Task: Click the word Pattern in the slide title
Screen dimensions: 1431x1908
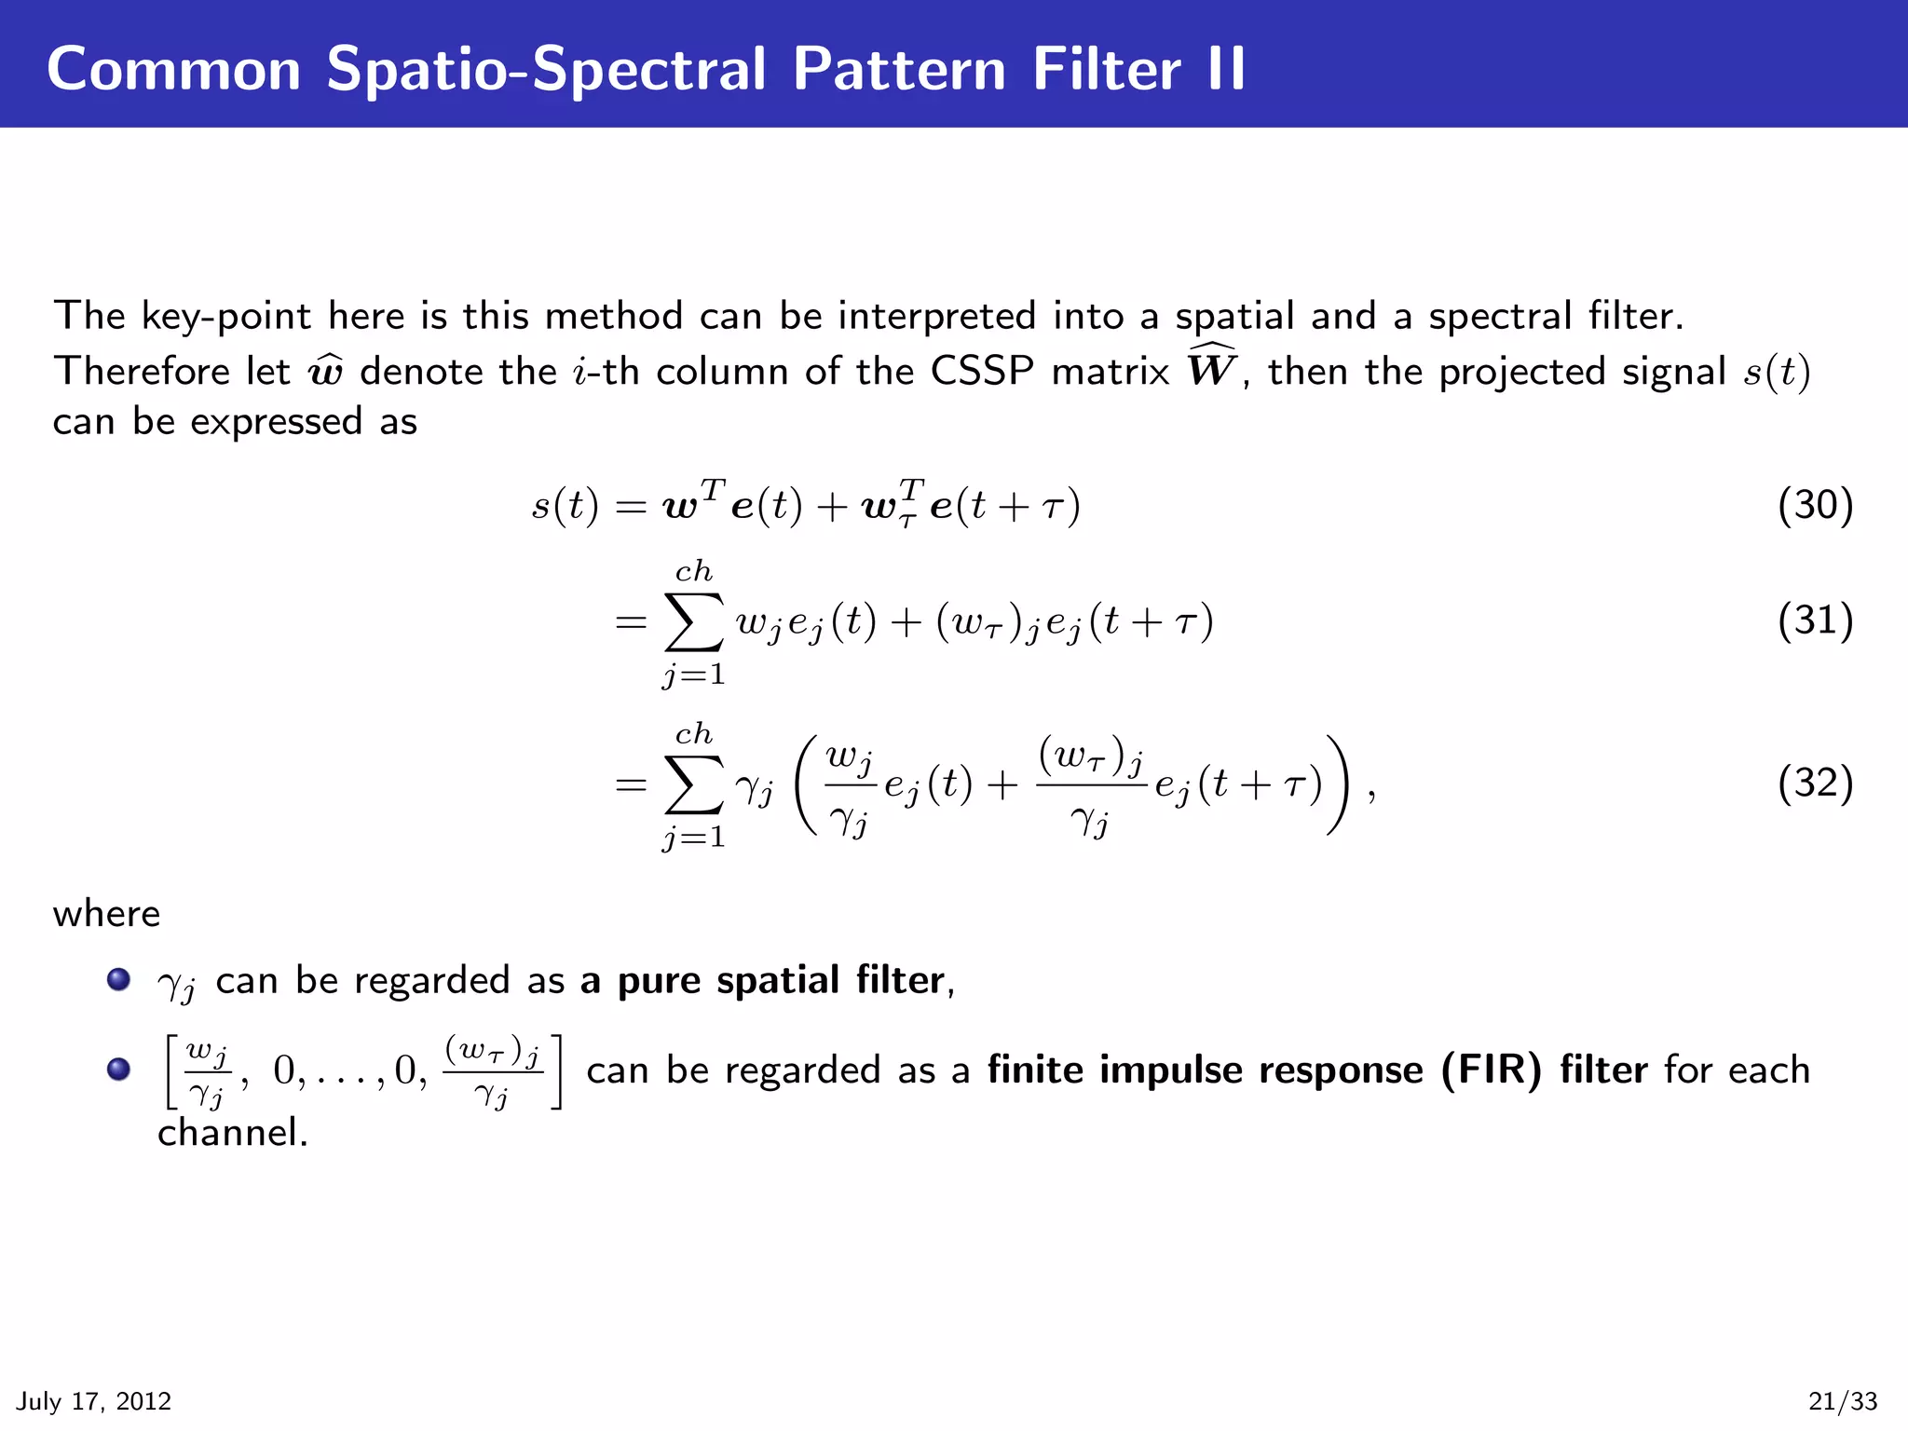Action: click(899, 69)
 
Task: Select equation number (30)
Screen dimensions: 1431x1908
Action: click(1815, 505)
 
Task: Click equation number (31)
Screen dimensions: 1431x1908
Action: click(1815, 620)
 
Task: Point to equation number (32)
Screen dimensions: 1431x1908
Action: click(1815, 783)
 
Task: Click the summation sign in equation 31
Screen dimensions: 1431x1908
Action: click(694, 622)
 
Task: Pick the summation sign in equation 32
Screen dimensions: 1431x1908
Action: click(694, 784)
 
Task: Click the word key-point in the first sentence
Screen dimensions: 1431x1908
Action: click(226, 317)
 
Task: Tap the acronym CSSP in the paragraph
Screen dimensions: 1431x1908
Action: click(982, 372)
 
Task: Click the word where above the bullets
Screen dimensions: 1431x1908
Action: click(106, 914)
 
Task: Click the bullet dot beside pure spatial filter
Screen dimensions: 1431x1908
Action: click(118, 980)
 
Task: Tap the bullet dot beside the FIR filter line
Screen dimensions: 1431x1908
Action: click(118, 1069)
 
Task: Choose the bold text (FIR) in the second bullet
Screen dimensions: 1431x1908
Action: click(1491, 1070)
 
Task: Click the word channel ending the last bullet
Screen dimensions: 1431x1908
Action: click(232, 1133)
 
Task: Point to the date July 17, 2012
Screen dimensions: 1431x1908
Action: click(94, 1401)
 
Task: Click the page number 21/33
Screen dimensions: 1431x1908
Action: click(1843, 1401)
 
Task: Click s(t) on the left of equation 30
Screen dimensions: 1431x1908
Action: click(565, 506)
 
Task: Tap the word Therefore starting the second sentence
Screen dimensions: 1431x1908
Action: click(141, 372)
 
